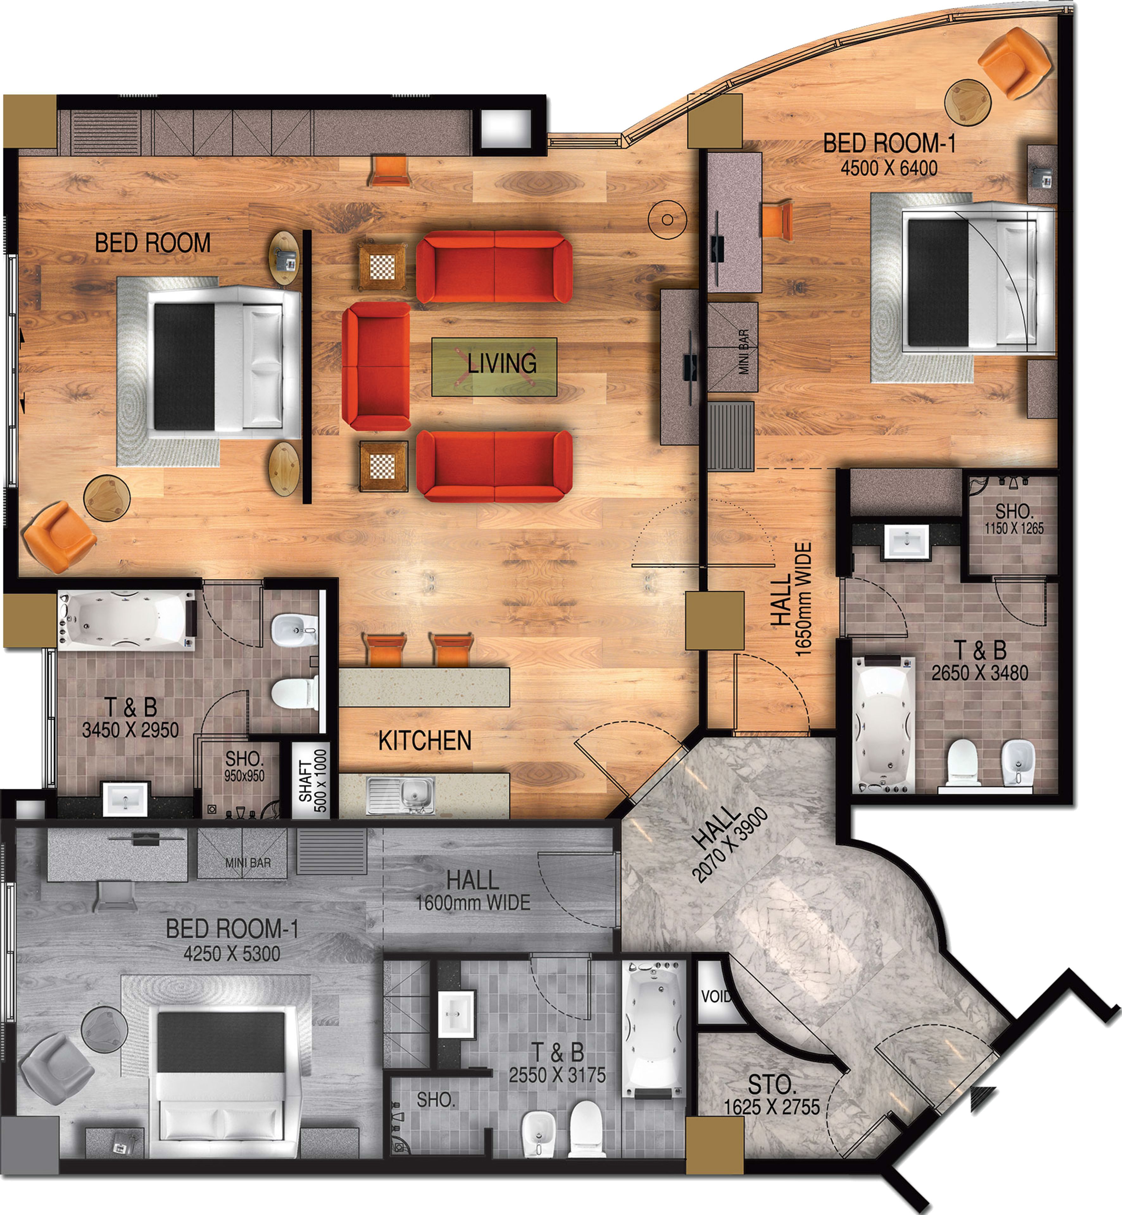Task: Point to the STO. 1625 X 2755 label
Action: pyautogui.click(x=771, y=1095)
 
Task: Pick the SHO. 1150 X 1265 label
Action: pyautogui.click(x=1014, y=519)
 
